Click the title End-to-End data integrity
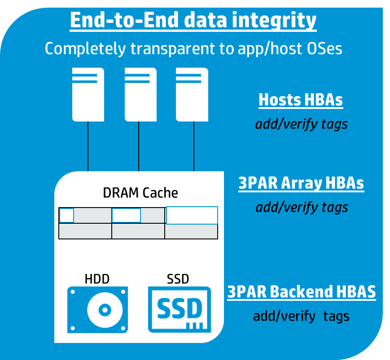coord(193,21)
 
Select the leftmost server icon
coord(88,94)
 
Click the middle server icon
coord(140,94)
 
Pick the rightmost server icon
coord(192,94)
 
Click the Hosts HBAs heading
coord(301,100)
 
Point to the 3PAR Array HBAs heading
coord(301,183)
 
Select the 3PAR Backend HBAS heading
coord(302,292)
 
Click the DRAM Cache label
coord(140,193)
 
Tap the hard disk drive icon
coord(97,310)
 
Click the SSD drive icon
coord(180,310)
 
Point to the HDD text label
coord(97,279)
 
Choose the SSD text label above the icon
coord(178,279)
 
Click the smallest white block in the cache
coord(66,216)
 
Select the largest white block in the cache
coord(192,215)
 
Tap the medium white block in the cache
coord(126,216)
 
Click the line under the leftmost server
coord(88,146)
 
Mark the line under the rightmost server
coord(194,146)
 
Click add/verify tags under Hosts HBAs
coord(301,124)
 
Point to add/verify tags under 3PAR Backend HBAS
coord(301,316)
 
